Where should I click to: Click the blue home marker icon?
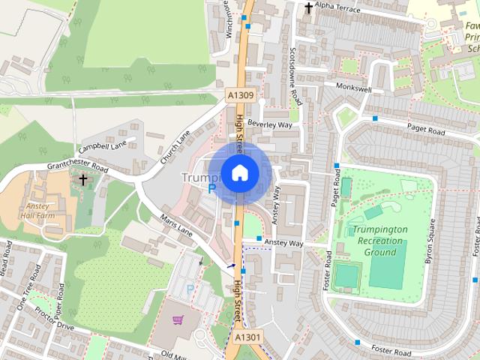239,173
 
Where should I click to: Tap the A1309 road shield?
241,95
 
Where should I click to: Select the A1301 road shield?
247,337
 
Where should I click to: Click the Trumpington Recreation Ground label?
380,241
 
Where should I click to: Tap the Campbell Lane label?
106,143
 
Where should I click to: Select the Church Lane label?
174,148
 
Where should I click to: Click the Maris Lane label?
176,228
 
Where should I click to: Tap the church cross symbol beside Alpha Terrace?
308,7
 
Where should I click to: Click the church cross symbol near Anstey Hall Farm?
83,180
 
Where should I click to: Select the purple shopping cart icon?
178,320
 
